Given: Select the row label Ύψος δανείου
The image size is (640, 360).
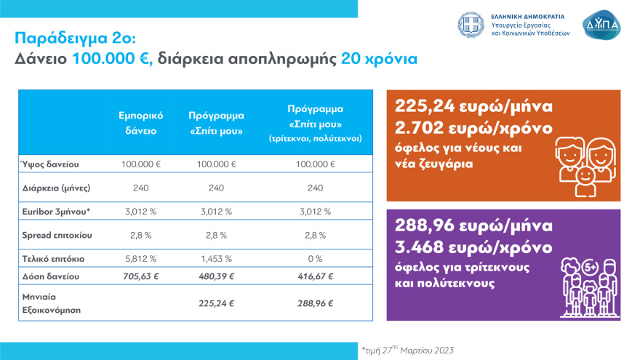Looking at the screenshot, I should pyautogui.click(x=49, y=164).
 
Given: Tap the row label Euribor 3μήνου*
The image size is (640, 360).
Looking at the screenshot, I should pyautogui.click(x=57, y=212).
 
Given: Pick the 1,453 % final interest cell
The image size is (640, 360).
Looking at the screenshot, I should pyautogui.click(x=216, y=259).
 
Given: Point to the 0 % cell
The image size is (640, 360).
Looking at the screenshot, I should pyautogui.click(x=315, y=259).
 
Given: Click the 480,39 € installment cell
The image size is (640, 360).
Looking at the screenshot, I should pyautogui.click(x=216, y=277).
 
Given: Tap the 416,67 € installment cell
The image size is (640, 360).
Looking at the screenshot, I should pyautogui.click(x=315, y=277).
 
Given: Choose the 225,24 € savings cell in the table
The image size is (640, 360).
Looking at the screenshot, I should pyautogui.click(x=216, y=303).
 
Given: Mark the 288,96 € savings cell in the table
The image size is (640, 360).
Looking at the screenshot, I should pyautogui.click(x=315, y=303).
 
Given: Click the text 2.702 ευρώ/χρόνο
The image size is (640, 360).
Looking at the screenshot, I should pyautogui.click(x=474, y=127).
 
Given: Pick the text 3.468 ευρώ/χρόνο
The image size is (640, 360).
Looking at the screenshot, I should pyautogui.click(x=474, y=244).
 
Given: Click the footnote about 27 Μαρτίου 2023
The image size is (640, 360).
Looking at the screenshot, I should pyautogui.click(x=407, y=350).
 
